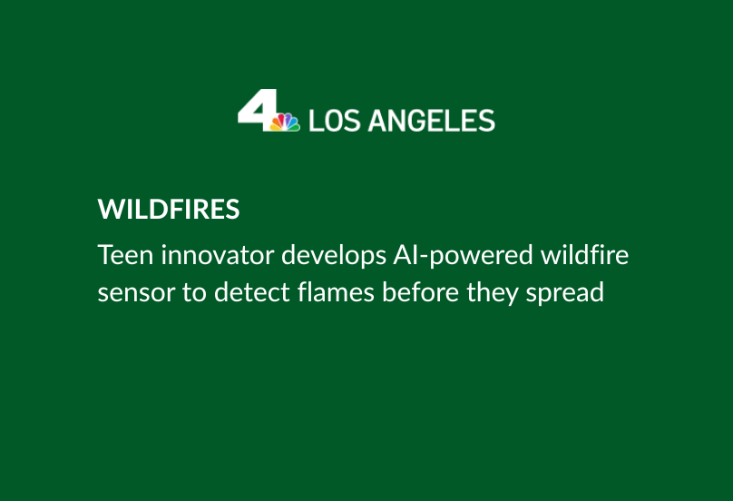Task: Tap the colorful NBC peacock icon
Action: tap(285, 123)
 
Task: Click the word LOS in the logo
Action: tap(335, 121)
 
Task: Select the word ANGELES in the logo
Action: tap(432, 121)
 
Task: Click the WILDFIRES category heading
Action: tap(169, 209)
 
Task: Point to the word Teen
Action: tap(125, 255)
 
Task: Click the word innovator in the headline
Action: tap(218, 255)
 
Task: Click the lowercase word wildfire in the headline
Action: tap(584, 255)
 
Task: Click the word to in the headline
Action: tap(194, 293)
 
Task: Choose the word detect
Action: tap(252, 292)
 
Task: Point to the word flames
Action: tap(336, 292)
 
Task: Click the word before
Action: tap(420, 292)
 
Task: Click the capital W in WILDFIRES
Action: tap(110, 209)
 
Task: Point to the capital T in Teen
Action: tap(106, 255)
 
